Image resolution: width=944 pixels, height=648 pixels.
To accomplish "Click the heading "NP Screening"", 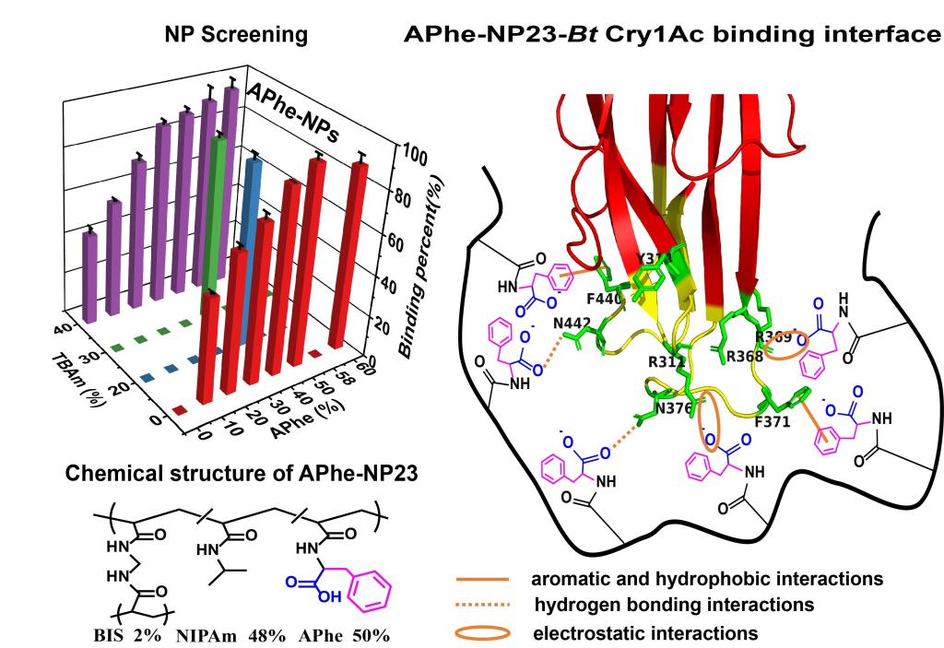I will coord(235,35).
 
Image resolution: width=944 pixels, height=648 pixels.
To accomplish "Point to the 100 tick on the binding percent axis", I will coord(414,157).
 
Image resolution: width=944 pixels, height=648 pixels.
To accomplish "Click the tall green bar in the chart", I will coord(218,212).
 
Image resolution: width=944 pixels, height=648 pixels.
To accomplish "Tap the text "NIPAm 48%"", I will coord(220,636).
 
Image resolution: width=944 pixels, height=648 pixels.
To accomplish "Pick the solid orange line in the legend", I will coord(481,579).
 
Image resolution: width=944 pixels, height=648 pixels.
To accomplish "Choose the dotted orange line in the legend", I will coord(481,606).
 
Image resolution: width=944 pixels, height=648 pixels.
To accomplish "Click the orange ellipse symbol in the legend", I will coord(481,633).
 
